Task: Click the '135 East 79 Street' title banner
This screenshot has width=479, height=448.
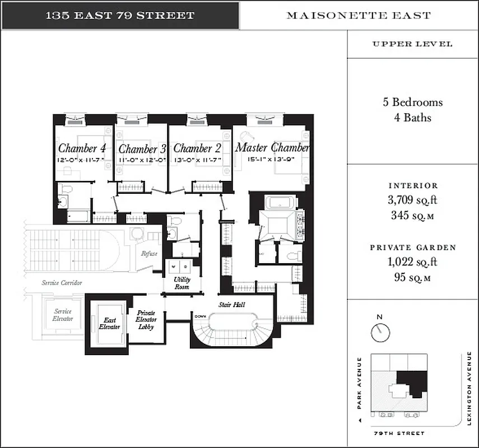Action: [120, 15]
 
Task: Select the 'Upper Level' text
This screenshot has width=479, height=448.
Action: [412, 44]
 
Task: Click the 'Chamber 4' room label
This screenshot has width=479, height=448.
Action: [82, 148]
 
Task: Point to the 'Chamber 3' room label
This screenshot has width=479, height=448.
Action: [142, 149]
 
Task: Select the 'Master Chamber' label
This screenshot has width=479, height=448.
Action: [272, 147]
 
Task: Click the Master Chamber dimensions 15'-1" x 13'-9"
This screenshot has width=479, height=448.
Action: [271, 160]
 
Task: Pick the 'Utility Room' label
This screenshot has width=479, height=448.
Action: [182, 283]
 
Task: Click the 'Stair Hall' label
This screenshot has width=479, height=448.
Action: [231, 305]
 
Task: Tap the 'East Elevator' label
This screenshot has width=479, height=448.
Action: [109, 323]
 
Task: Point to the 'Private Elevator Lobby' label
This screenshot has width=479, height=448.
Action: [146, 320]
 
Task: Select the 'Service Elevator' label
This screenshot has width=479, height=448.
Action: [63, 315]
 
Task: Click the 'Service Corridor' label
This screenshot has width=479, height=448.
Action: [62, 283]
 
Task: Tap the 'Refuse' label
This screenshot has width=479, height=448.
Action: [149, 254]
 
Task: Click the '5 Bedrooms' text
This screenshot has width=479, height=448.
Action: [412, 102]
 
